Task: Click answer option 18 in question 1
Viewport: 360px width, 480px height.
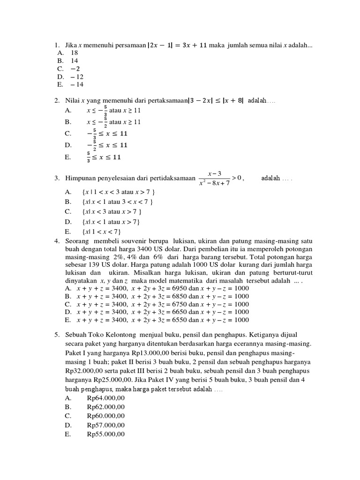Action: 75,53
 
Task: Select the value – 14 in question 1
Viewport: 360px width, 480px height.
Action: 76,84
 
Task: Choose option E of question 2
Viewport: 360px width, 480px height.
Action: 104,157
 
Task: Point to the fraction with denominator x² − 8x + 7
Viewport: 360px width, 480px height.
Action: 214,178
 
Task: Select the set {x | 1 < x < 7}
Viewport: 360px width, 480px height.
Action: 101,232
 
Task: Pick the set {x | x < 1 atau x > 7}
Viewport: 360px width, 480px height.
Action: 111,222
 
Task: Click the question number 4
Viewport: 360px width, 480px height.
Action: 56,241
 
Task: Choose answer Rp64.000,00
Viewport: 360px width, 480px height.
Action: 106,398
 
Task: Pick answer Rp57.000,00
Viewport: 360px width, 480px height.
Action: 106,425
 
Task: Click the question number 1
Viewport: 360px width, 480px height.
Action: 56,45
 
